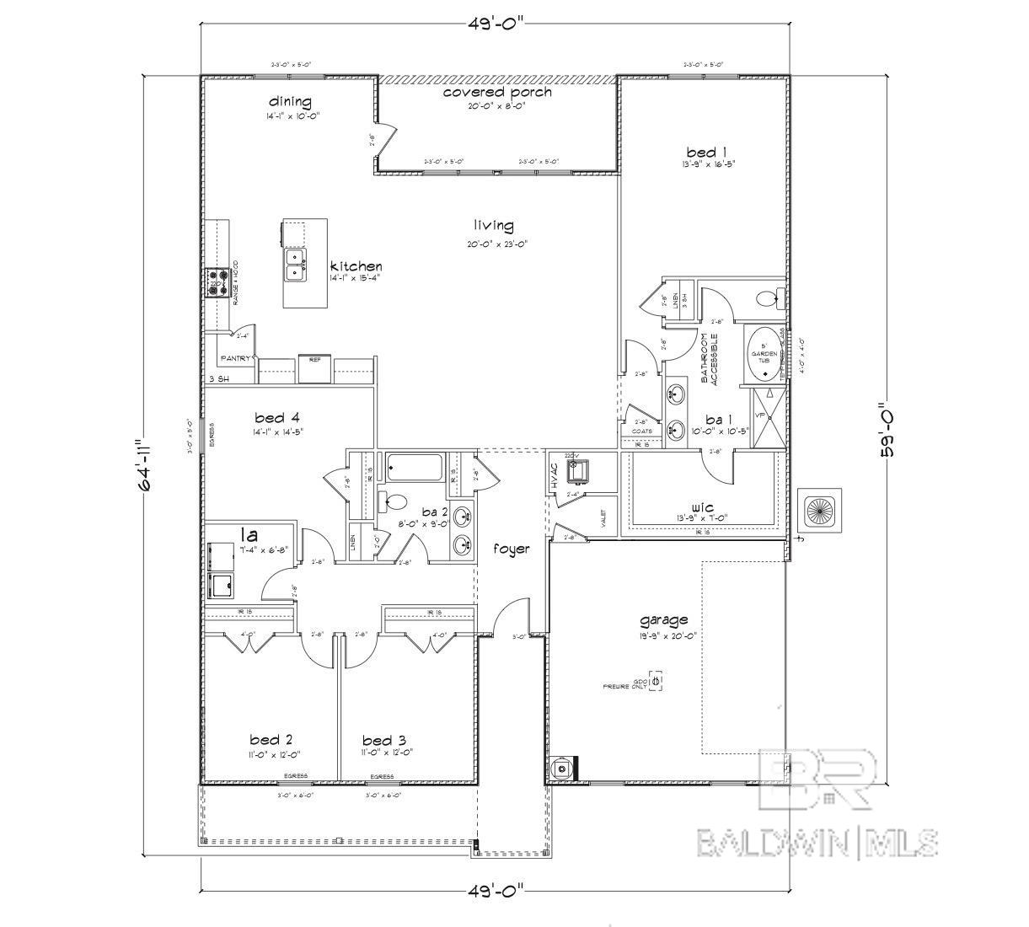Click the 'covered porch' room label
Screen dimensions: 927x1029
(x=497, y=92)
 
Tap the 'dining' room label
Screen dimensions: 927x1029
(x=290, y=102)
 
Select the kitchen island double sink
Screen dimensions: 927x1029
(x=294, y=263)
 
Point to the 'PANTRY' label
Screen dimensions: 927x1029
(x=235, y=359)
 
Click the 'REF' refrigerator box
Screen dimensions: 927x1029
(x=315, y=367)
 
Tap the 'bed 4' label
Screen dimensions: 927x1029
(x=277, y=417)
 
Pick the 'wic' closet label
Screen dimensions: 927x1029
(x=702, y=507)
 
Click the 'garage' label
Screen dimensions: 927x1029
(x=664, y=620)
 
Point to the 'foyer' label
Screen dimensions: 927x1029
(x=512, y=549)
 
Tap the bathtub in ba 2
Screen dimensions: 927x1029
(x=414, y=466)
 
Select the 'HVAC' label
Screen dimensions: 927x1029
(x=555, y=479)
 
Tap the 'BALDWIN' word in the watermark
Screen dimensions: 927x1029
(x=774, y=842)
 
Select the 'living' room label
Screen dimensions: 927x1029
(x=493, y=226)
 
